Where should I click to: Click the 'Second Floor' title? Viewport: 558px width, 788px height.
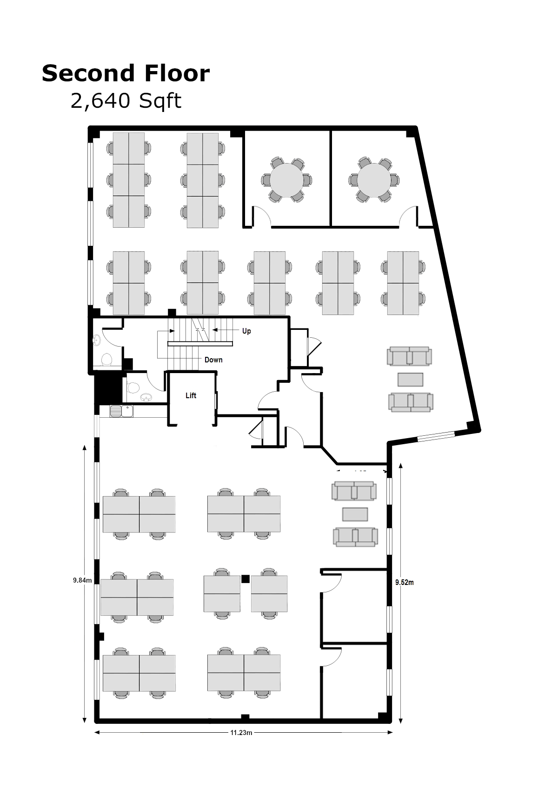[126, 73]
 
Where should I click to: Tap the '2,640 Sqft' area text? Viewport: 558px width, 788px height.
[126, 101]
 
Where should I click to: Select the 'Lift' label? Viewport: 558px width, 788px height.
[191, 395]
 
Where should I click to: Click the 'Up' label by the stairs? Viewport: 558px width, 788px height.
[246, 331]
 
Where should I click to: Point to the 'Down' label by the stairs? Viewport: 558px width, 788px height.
[213, 360]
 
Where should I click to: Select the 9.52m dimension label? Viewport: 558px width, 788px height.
[404, 582]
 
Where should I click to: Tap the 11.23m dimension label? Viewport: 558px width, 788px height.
[241, 733]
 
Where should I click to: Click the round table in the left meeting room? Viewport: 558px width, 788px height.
[286, 179]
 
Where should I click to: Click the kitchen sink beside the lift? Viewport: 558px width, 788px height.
[122, 411]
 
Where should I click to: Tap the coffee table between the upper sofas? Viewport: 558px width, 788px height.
[410, 380]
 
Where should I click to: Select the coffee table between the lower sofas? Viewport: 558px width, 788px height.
[355, 514]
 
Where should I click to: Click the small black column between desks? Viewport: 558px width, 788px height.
[246, 578]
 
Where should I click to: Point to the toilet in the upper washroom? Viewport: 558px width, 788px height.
[107, 360]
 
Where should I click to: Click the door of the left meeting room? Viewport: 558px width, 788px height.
[262, 217]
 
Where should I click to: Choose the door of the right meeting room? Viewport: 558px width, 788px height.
[408, 217]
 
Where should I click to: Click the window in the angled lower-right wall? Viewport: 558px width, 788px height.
[435, 436]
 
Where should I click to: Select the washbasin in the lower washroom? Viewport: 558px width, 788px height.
[146, 398]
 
